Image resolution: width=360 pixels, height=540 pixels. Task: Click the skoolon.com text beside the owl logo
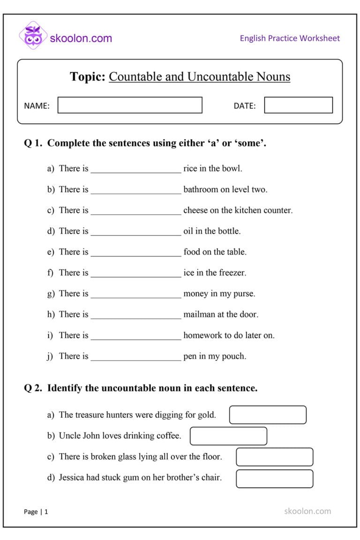[x=81, y=38]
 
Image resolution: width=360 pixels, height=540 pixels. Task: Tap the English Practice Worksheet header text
[x=290, y=38]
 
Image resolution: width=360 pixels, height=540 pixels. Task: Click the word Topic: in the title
[x=88, y=77]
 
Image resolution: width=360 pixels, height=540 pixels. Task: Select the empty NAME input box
[x=130, y=105]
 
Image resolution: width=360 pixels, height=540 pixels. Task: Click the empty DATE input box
[x=298, y=105]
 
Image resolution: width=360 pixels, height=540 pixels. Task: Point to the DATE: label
[x=245, y=106]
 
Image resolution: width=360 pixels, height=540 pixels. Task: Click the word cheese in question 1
[x=195, y=210]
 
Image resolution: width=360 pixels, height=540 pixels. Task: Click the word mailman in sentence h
[x=199, y=315]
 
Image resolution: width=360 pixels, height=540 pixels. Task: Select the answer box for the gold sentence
[x=268, y=415]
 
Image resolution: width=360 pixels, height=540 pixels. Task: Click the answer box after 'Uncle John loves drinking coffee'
[x=228, y=436]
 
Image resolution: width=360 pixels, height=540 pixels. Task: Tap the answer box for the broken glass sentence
[x=274, y=457]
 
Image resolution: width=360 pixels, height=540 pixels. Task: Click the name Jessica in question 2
[x=73, y=478]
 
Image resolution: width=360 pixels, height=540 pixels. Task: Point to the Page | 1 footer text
[x=36, y=512]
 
